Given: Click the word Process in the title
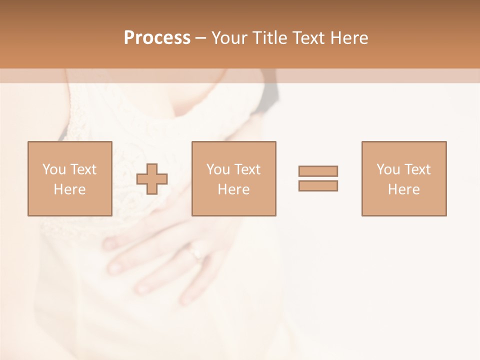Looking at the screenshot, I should click(157, 38).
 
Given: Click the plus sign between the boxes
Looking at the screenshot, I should click(152, 179).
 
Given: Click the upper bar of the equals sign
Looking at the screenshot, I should click(318, 171).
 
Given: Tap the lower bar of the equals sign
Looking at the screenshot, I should click(318, 185).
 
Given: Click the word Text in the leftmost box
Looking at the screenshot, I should click(83, 169).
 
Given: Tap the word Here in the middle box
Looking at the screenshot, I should click(234, 189).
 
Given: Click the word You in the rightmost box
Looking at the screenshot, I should click(388, 169).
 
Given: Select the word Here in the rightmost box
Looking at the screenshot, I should click(404, 189).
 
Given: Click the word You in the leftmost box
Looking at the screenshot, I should click(54, 169).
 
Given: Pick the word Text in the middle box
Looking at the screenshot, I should click(247, 169).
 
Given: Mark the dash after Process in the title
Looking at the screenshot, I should click(200, 38).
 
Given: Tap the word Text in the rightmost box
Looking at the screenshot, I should click(417, 169).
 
